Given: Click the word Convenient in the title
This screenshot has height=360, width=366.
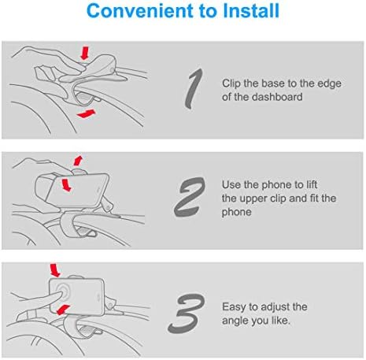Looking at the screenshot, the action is coord(141,11).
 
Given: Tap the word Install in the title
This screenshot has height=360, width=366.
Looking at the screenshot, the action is coord(251,11).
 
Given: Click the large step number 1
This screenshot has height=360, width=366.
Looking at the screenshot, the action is coord(194,89).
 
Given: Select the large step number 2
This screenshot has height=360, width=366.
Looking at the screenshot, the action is coord(190,197).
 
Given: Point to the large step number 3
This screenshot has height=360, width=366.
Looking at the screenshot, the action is coord(187,314).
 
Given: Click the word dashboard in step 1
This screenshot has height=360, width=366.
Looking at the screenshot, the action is coord(277,97).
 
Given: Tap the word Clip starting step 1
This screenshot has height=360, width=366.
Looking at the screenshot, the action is coord(231,84).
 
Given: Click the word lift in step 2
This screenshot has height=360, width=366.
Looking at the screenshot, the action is coord(312,184).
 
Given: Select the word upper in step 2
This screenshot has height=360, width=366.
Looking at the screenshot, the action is coord(251,199).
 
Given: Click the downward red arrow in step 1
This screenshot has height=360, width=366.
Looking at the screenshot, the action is coord(85,53).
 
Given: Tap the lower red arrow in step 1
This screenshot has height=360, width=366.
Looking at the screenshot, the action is coord(87,113).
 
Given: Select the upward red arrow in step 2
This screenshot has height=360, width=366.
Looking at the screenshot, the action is coord(78,161).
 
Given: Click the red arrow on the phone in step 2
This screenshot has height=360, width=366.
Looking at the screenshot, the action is coord(66,185).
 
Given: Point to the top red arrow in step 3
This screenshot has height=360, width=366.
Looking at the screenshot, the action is coord(55,270).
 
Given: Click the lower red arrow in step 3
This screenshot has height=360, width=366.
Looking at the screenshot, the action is coord(63,310).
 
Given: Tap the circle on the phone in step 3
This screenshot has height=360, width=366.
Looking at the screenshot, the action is coord(63,291).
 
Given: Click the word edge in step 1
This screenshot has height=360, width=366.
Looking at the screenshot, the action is coord(330,84).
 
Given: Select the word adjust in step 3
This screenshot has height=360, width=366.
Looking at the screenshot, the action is coord(275,307).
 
